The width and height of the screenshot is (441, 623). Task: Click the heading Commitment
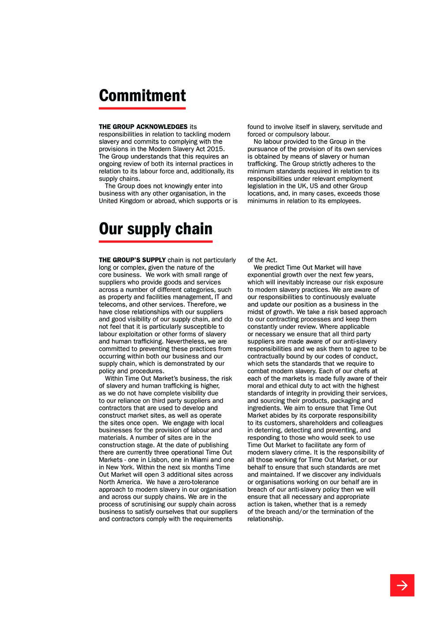point(142,96)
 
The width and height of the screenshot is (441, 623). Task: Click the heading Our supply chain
point(155,229)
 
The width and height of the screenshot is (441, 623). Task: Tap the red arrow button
point(402,585)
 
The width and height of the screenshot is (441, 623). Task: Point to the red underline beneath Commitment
point(142,108)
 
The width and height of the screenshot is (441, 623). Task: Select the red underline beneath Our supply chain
point(155,241)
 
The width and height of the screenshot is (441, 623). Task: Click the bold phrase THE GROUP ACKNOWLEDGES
point(143,127)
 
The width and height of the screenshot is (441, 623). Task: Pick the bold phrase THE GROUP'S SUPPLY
point(132,260)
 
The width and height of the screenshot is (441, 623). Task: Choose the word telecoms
point(112,304)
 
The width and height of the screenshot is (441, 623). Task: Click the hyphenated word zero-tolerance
point(198,482)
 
